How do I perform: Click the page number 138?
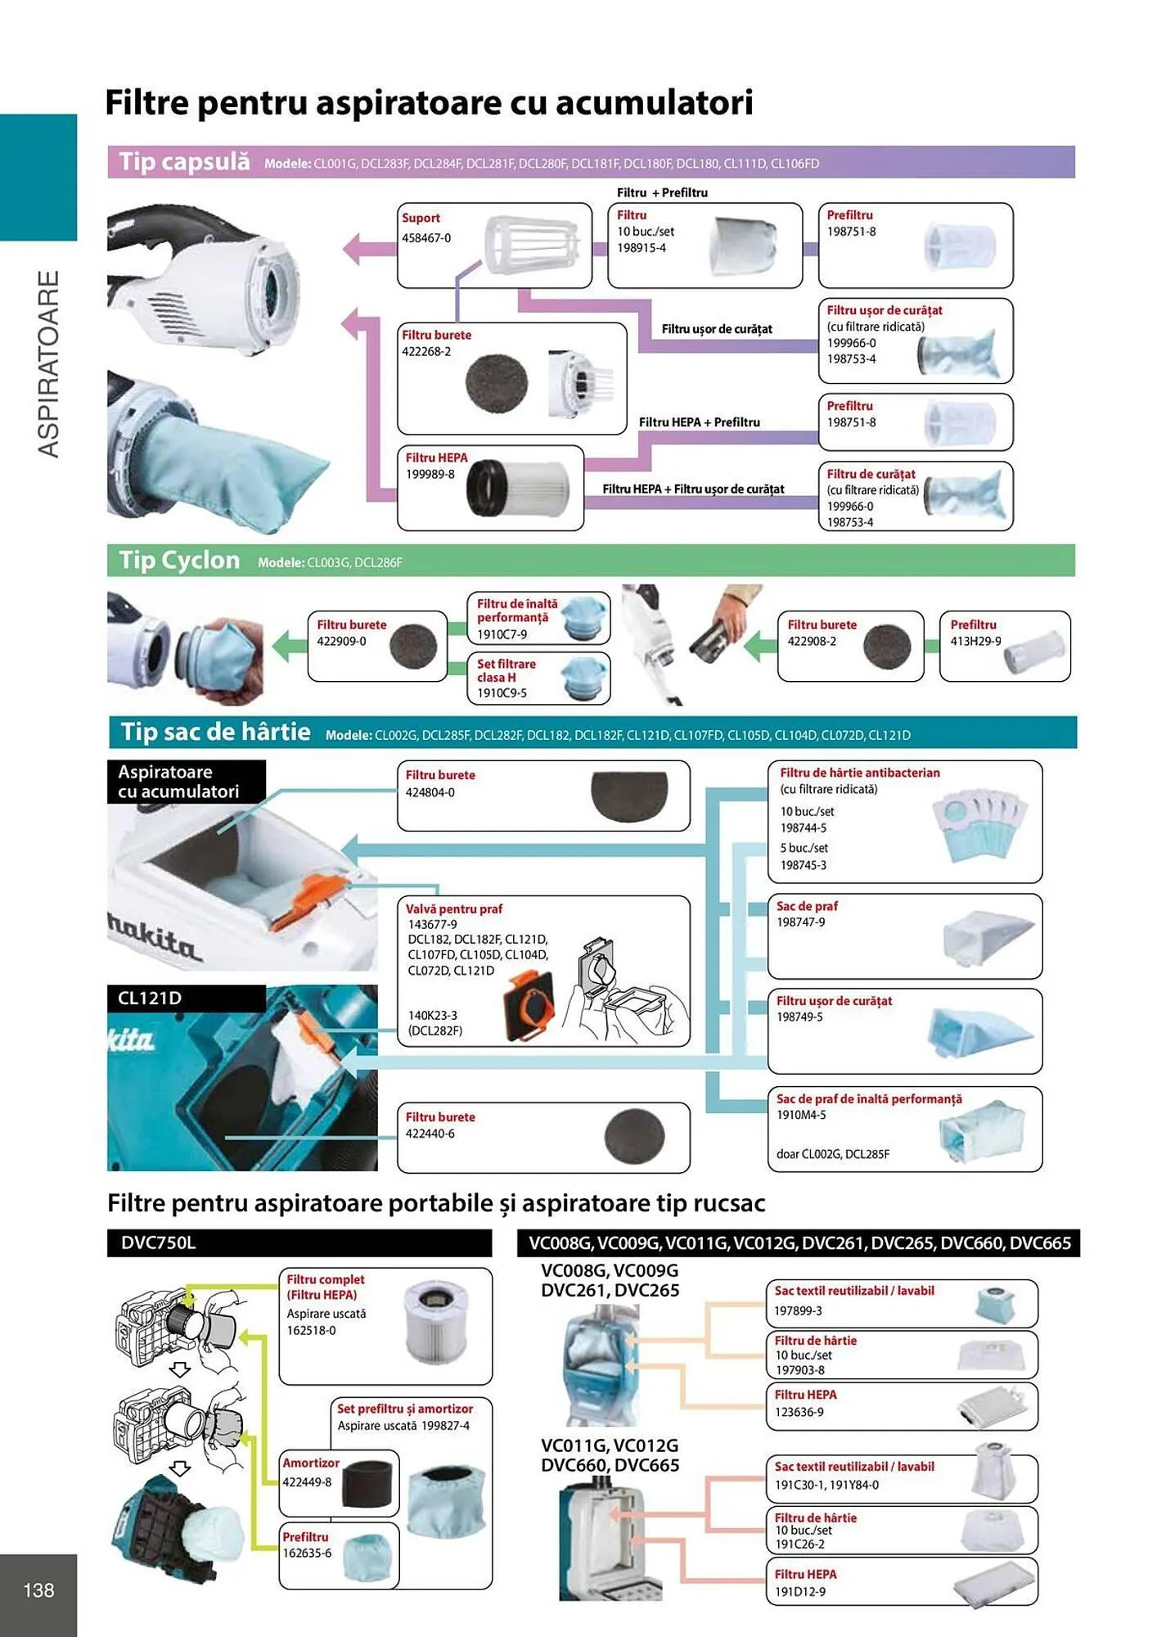38,1590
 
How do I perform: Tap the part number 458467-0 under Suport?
426,238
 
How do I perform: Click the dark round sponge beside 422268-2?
496,381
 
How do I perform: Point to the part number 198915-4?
642,248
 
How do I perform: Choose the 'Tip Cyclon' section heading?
179,561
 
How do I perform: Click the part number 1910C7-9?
502,634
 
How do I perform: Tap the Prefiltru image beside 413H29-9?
1034,652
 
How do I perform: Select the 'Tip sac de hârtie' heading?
215,732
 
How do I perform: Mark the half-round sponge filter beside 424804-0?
629,796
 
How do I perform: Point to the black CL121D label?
187,998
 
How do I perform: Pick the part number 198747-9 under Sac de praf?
801,922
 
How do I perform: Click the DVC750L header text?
158,1242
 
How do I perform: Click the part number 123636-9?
799,1412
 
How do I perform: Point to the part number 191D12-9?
800,1592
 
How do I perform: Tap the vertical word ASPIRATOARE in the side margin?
49,364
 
